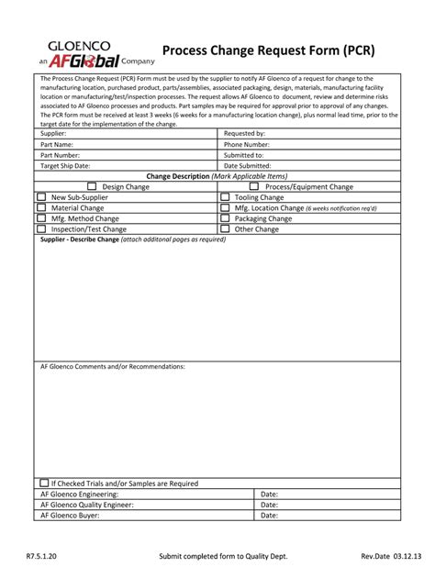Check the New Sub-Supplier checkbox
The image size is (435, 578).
(x=41, y=196)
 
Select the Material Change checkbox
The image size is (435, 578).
(x=41, y=207)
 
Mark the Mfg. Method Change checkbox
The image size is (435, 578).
(x=41, y=218)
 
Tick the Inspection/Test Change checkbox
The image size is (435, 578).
(x=41, y=229)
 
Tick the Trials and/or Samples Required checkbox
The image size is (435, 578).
(x=44, y=483)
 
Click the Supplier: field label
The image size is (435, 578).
(x=54, y=134)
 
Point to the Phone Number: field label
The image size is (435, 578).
(x=247, y=144)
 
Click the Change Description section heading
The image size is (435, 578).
(x=217, y=175)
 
